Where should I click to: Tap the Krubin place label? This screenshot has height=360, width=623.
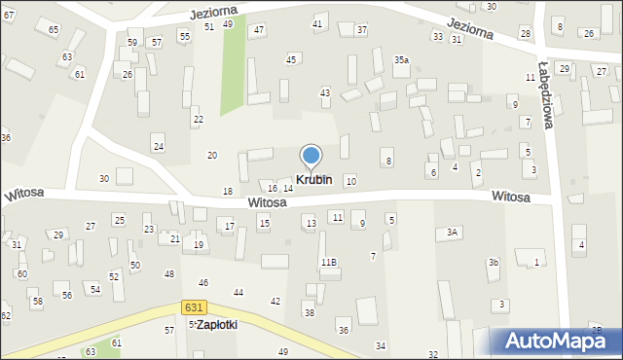coord(313,180)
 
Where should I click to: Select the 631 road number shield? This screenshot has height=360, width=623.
coord(193,307)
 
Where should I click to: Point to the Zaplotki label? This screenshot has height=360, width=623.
coord(216,325)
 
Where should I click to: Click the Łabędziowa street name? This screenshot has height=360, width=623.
coord(546,103)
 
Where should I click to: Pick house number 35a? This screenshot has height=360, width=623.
coord(401,59)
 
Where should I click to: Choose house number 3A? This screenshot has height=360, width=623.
coord(452,233)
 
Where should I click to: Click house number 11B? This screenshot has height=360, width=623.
coord(329,263)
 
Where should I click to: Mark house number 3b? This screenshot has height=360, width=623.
coord(494,263)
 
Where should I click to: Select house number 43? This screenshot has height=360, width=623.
coord(325,92)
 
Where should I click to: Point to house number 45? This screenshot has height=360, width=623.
coord(291,60)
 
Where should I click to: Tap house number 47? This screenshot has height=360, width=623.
coord(259,30)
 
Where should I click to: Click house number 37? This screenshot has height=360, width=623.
coord(361,30)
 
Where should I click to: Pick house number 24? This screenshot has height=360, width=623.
coord(158,146)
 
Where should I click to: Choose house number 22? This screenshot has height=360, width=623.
coord(198,119)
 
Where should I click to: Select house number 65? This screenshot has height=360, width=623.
coord(54,30)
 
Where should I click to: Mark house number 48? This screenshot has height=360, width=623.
coord(168,274)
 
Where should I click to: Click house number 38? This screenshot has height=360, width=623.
coord(309,312)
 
